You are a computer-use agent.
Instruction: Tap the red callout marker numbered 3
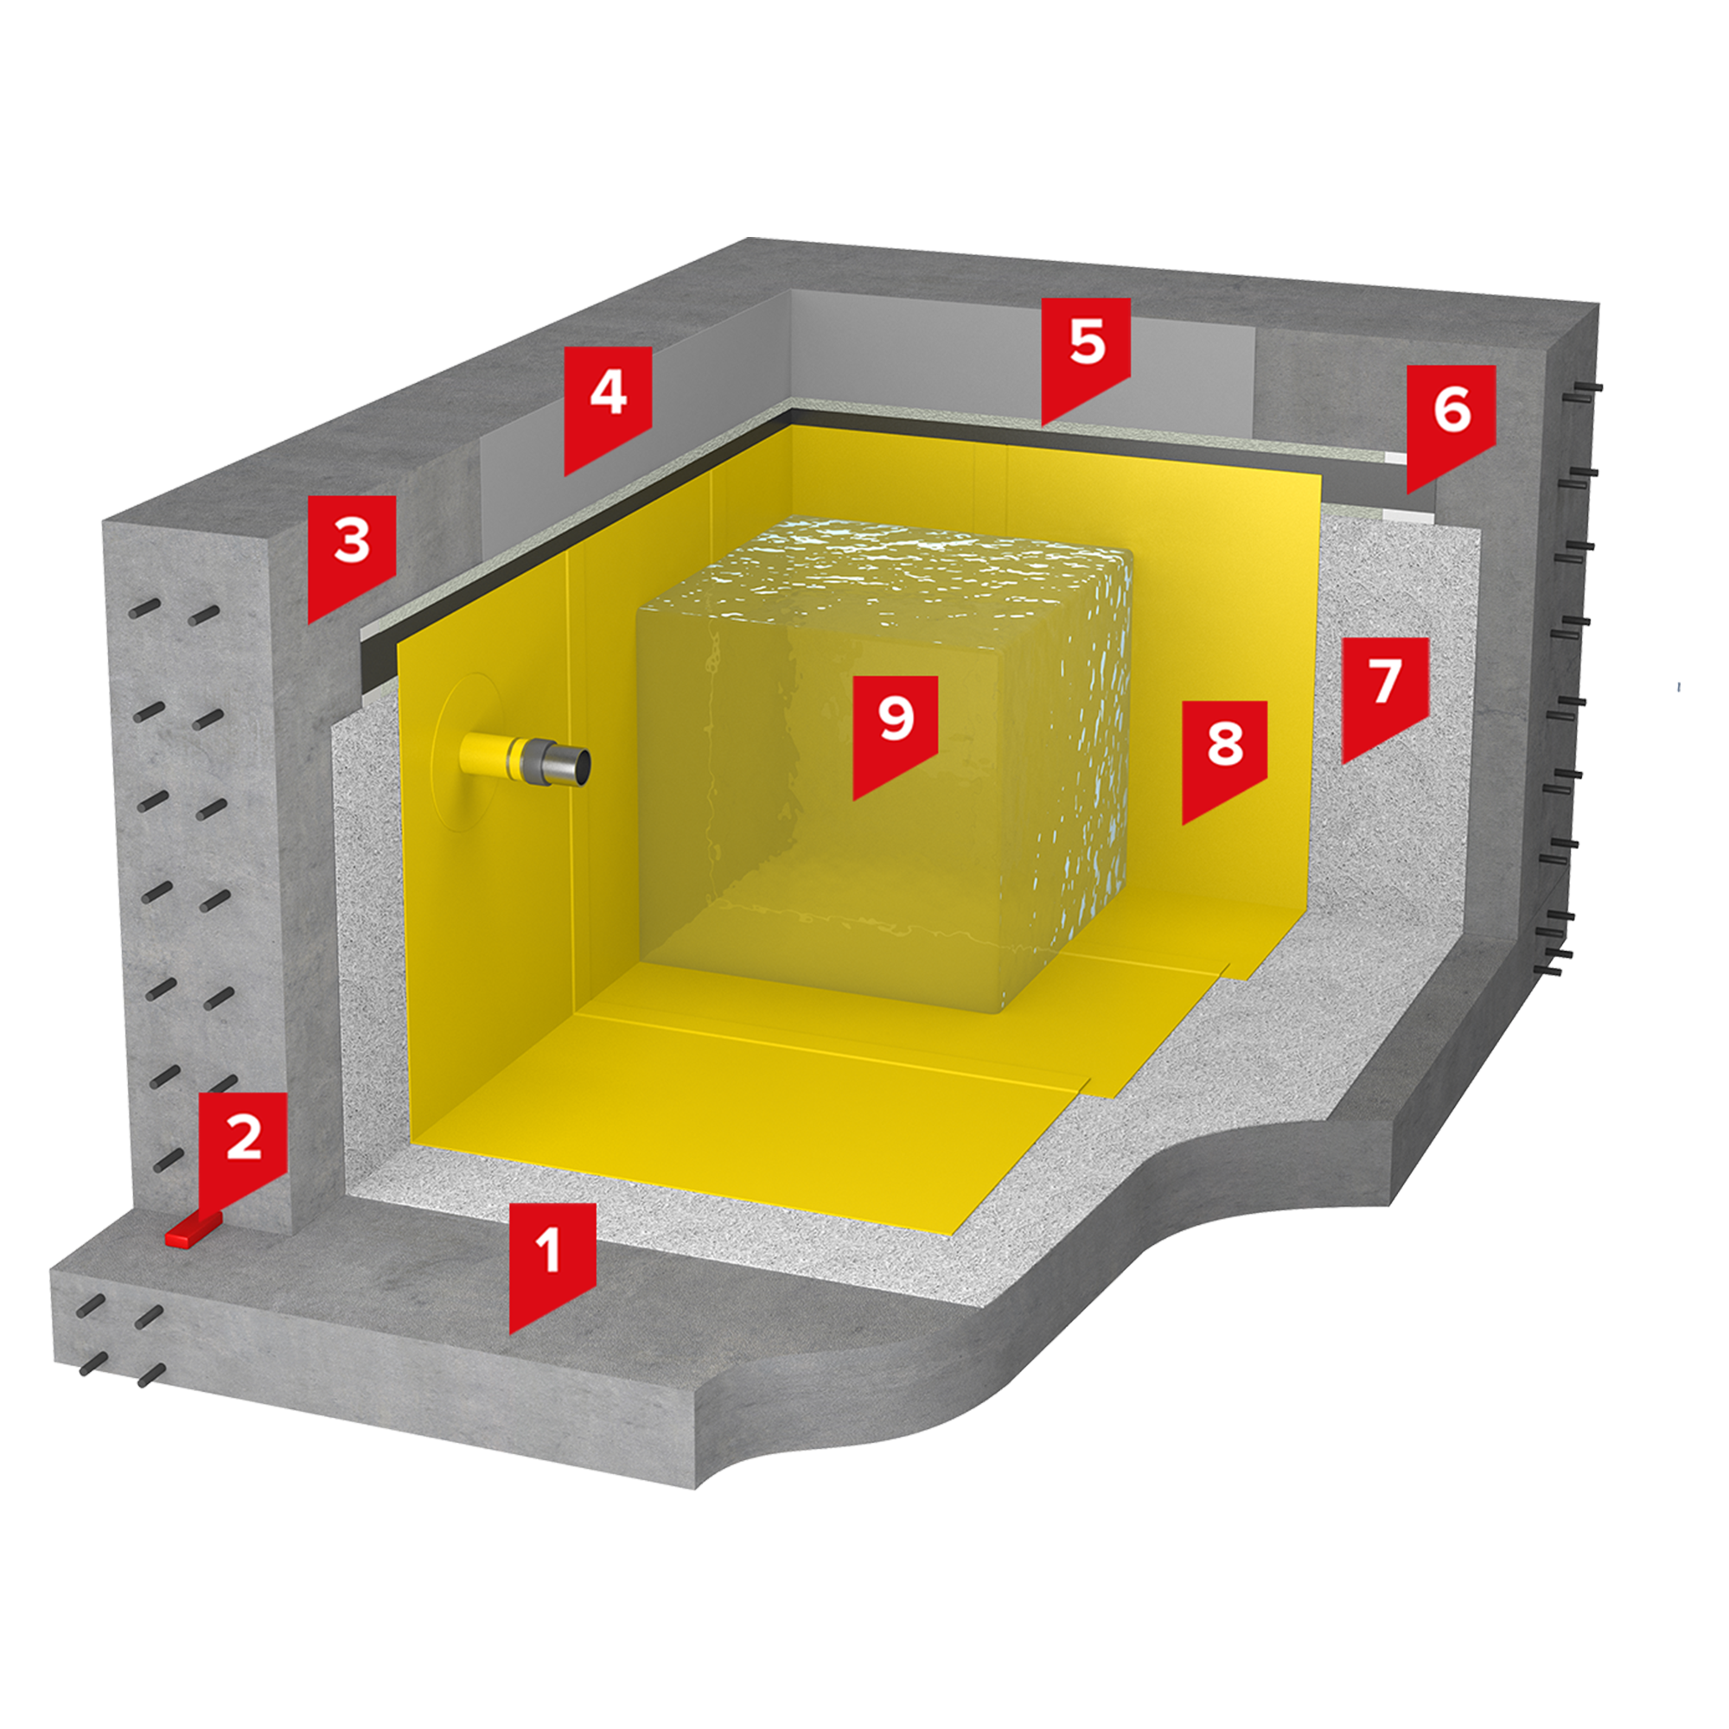point(352,551)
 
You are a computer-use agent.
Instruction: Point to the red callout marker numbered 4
point(608,402)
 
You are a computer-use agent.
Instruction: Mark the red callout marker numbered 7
point(1384,690)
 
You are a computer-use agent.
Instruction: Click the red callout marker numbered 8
point(1225,754)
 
